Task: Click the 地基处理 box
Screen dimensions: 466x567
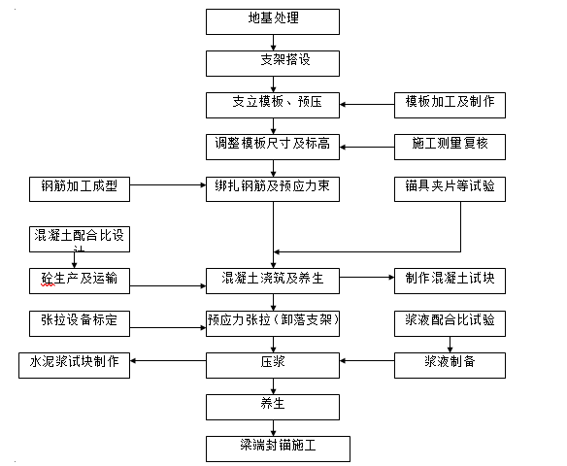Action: pos(273,21)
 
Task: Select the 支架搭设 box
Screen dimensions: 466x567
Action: pos(273,63)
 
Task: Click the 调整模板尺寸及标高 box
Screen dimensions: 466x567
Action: pos(273,147)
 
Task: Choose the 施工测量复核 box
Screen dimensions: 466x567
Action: pos(450,147)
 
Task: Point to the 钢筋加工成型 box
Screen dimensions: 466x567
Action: pos(80,188)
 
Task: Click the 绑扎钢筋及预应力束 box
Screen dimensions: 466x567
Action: pos(273,188)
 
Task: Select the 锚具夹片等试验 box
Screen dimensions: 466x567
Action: pos(450,188)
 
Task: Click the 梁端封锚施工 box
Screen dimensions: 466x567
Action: pos(277,448)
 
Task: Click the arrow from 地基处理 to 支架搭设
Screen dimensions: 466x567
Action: pos(273,42)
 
